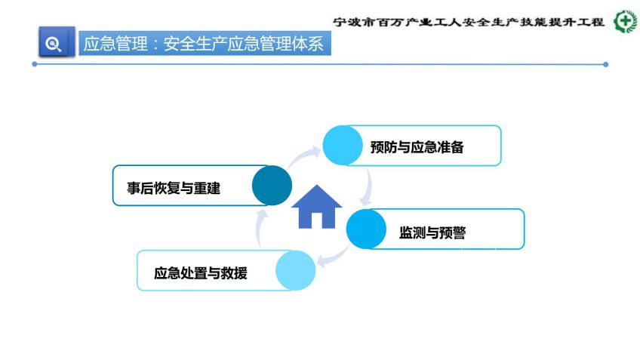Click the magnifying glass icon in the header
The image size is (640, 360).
coord(53,44)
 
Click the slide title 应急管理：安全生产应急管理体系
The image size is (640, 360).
coord(203,44)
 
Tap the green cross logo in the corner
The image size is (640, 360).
coord(626,21)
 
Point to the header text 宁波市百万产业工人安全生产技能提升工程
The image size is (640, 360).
coord(469,22)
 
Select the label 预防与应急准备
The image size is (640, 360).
coord(417,147)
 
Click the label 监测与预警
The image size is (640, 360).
coord(432,232)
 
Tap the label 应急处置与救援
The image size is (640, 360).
coord(201,273)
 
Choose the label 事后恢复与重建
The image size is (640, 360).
coord(174,188)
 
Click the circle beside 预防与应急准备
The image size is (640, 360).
coord(343,146)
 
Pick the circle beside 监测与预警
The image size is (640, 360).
coord(366,229)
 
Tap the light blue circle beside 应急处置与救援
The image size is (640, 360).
coord(296,270)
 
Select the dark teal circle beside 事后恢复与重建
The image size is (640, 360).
coord(272,186)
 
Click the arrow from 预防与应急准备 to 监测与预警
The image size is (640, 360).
coord(368,187)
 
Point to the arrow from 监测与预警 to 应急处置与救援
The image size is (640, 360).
coord(334,258)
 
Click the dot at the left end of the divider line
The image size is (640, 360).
coord(35,64)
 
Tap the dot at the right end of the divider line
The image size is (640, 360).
coord(606,64)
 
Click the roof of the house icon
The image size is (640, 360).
coord(317,197)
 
